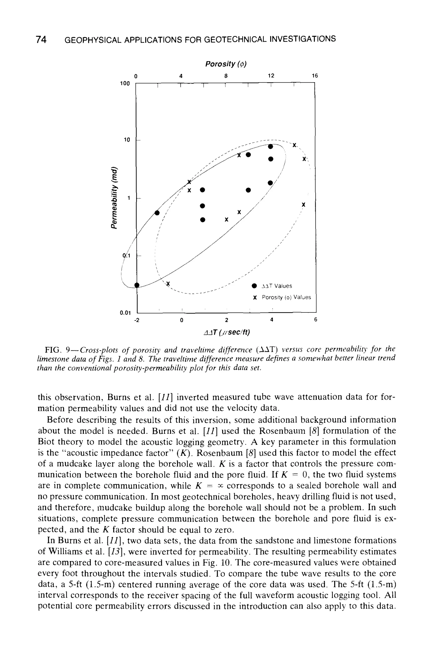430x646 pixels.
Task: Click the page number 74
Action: pyautogui.click(x=41, y=40)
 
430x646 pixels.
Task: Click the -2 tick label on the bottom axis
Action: pyautogui.click(x=136, y=320)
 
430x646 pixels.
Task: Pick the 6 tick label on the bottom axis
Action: pyautogui.click(x=315, y=320)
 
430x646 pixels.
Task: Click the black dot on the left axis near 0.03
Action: pyautogui.click(x=137, y=285)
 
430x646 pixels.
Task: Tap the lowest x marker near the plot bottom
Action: pyautogui.click(x=168, y=283)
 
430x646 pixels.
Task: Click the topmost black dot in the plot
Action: pyautogui.click(x=270, y=146)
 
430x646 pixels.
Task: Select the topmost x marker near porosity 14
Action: pyautogui.click(x=294, y=145)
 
